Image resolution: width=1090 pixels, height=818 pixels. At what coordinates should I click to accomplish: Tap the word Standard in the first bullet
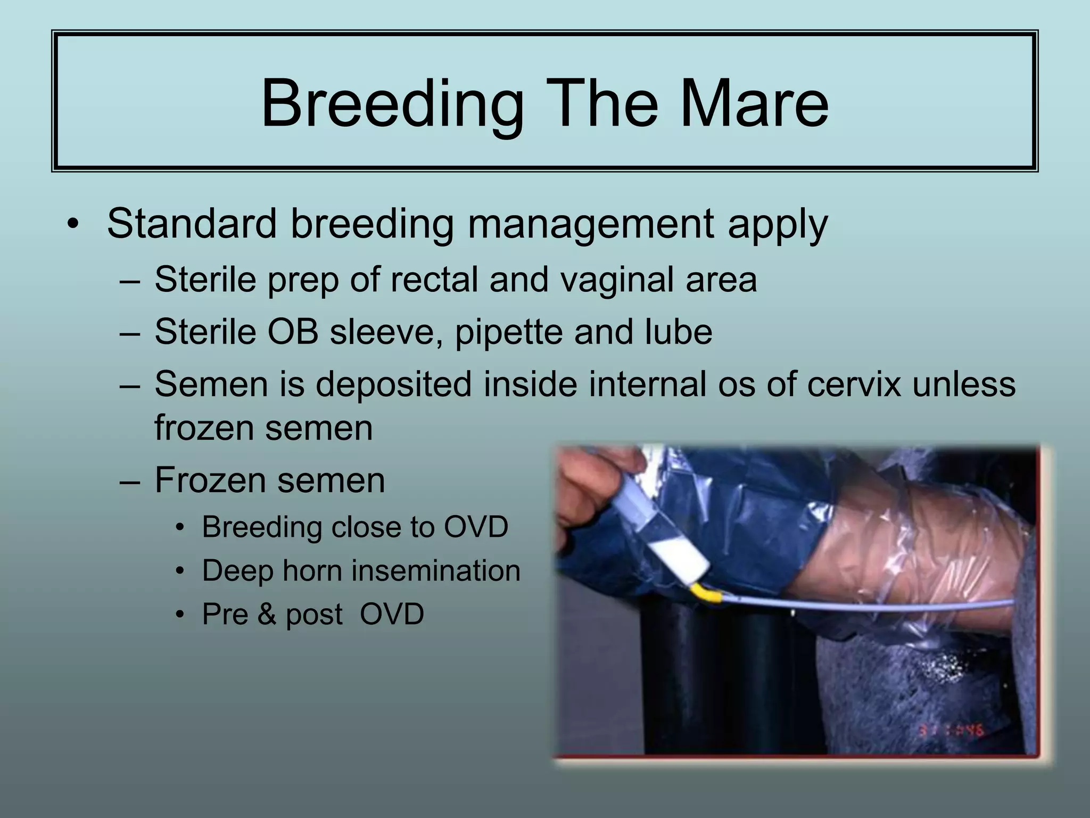[x=192, y=224]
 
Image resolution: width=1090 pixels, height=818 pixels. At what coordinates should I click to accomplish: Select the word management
[x=591, y=224]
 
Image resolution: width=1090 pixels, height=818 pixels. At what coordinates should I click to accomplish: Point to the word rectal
[x=434, y=280]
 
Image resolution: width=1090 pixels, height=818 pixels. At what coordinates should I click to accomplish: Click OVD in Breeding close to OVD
[x=476, y=527]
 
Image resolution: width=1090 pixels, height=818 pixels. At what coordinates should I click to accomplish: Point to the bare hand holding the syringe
[x=591, y=479]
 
